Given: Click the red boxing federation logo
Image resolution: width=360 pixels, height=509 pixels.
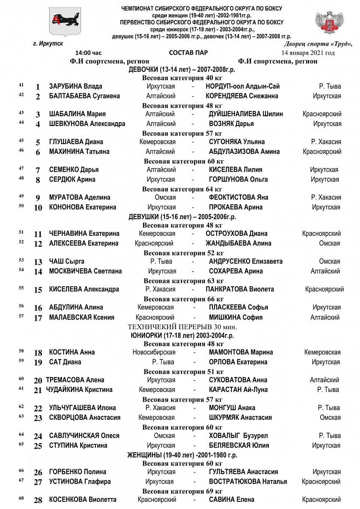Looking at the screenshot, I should coord(327,23).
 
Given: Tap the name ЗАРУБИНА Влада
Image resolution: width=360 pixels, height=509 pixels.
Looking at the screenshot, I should coord(75,87).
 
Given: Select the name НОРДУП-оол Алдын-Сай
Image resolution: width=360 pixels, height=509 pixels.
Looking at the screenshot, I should coord(243,87).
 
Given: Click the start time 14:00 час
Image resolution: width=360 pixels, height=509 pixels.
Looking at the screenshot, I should coord(89,53).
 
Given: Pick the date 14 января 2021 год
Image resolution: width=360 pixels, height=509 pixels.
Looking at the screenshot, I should coord(308,53).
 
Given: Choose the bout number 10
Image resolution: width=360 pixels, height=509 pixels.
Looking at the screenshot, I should coord(38,208).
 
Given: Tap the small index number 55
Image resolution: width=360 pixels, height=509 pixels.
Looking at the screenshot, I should coord(21,288).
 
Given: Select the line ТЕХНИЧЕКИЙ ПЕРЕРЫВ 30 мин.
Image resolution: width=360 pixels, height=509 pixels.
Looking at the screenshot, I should coord(182,327).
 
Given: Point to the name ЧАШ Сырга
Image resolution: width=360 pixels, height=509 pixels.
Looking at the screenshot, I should coord(67,261).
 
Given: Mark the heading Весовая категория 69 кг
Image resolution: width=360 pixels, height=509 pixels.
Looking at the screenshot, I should coord(182,491).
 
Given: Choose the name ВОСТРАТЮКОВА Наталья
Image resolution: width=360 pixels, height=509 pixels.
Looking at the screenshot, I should coord(248,481).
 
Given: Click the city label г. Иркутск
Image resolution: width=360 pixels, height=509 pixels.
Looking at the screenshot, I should coord(48,43).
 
